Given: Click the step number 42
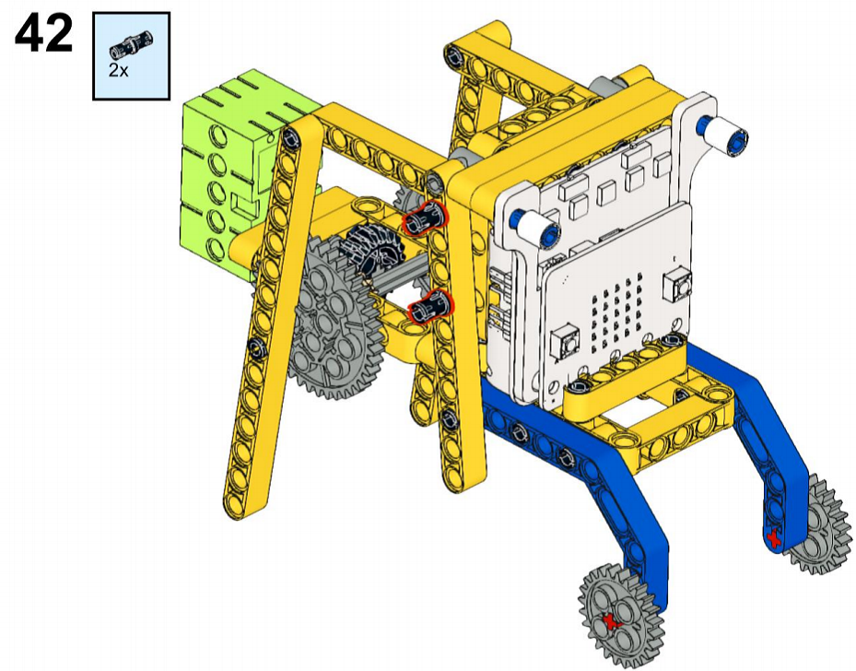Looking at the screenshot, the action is click(43, 33).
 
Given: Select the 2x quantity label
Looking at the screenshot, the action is click(119, 70).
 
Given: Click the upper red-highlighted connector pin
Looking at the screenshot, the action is click(426, 218).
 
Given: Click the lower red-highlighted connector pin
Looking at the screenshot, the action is click(431, 307).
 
